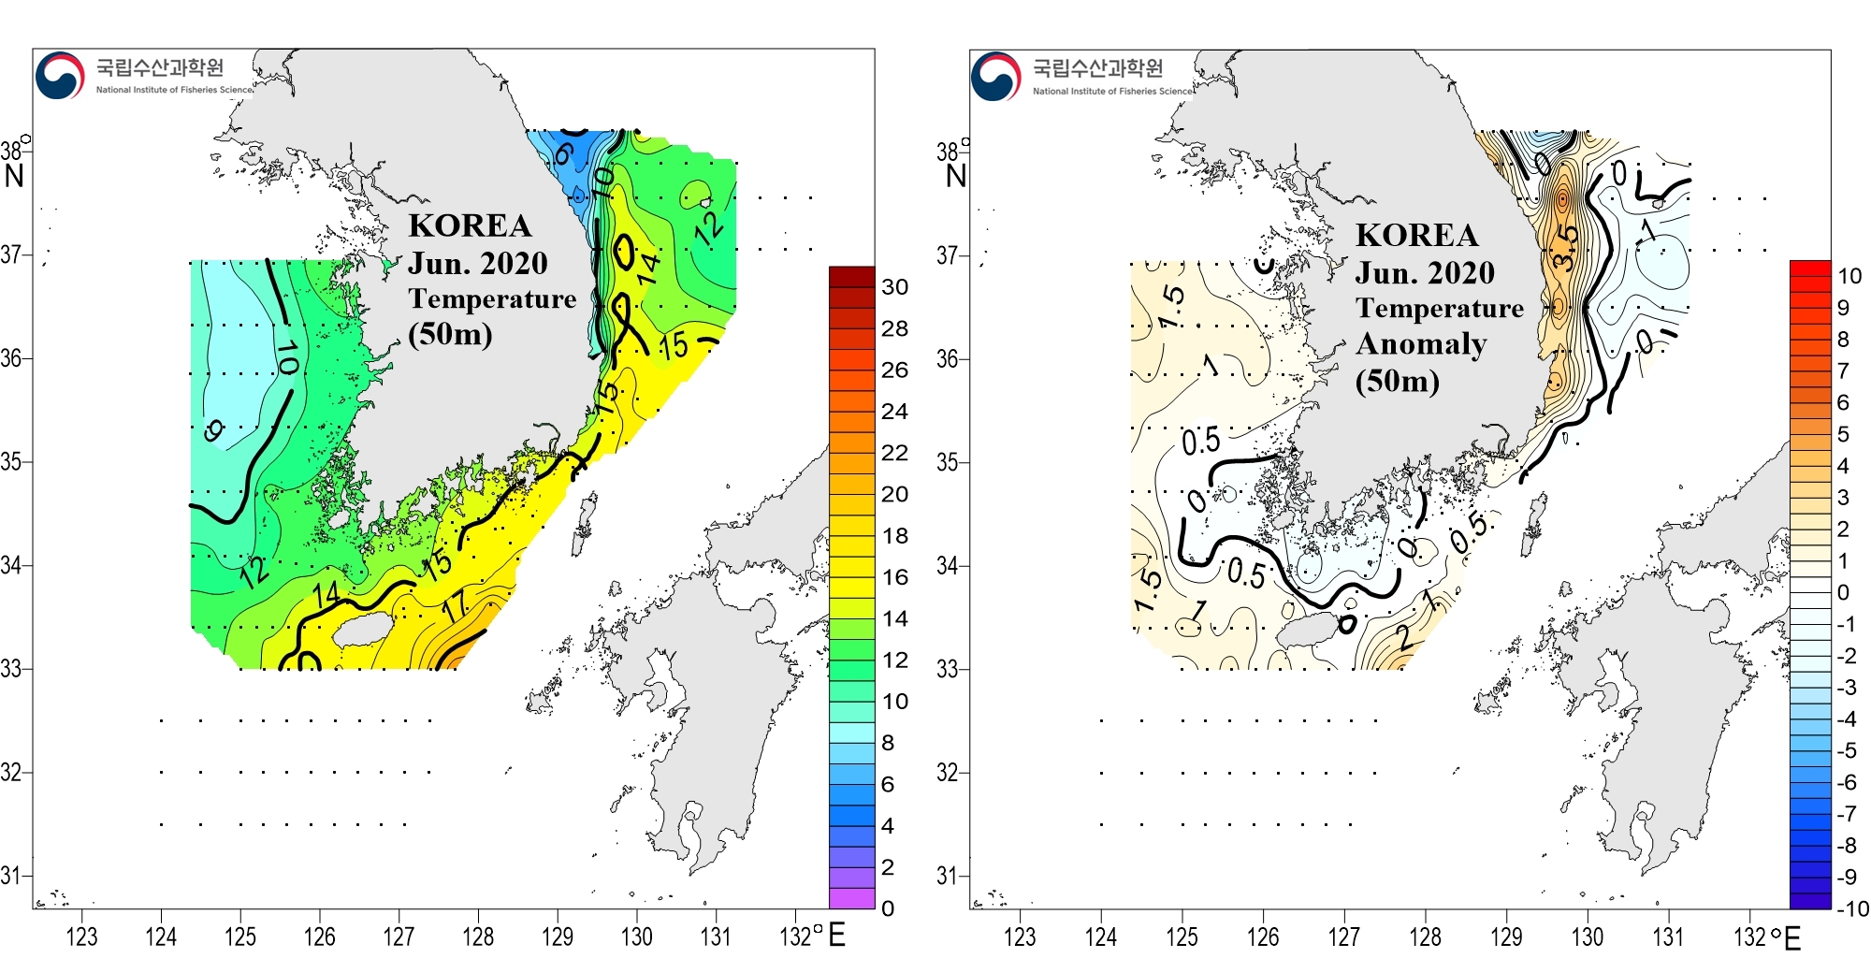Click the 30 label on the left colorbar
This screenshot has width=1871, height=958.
click(x=894, y=287)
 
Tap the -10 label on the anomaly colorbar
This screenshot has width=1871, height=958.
click(x=1851, y=908)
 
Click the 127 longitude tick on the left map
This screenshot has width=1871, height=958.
click(x=399, y=936)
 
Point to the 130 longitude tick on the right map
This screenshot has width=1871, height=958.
click(x=1587, y=936)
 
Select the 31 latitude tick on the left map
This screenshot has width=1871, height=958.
click(x=10, y=877)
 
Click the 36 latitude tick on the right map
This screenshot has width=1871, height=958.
click(x=947, y=359)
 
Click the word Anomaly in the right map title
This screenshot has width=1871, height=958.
click(x=1421, y=344)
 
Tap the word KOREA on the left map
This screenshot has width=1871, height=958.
click(x=470, y=225)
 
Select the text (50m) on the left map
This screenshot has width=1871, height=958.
click(x=450, y=333)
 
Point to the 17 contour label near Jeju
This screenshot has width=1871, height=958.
click(x=456, y=608)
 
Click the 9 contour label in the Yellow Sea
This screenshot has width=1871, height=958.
click(x=214, y=430)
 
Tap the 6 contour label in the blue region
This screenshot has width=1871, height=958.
click(x=563, y=152)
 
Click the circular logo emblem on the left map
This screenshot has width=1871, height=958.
click(x=60, y=76)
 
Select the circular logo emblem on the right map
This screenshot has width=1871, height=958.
click(x=995, y=76)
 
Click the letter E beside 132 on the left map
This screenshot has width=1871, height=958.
click(x=837, y=935)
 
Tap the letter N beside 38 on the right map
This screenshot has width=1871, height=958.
click(x=955, y=176)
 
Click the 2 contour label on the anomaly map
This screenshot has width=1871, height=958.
click(x=1404, y=638)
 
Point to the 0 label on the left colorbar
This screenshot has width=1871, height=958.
click(x=888, y=908)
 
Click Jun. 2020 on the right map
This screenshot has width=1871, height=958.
click(x=1425, y=273)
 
